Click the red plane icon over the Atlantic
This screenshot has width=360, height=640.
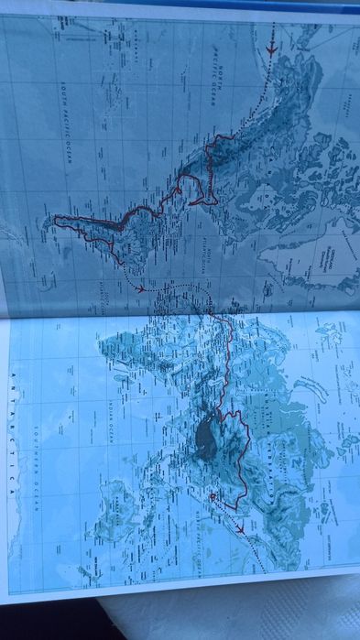140,289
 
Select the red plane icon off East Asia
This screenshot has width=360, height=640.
240,529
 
